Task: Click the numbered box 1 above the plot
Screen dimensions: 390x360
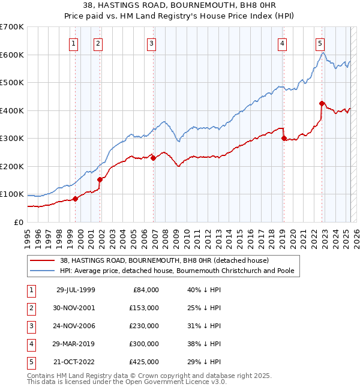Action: coord(73,43)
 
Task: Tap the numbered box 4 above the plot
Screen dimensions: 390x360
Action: coord(281,43)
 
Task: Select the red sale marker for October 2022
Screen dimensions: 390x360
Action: coord(322,103)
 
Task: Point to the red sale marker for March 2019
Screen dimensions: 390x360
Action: coord(284,138)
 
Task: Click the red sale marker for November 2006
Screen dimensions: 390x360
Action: coord(154,158)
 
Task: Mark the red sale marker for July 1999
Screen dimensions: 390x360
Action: coord(76,199)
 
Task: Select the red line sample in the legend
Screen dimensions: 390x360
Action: coord(43,260)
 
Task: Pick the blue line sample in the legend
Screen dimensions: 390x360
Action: coord(43,271)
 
